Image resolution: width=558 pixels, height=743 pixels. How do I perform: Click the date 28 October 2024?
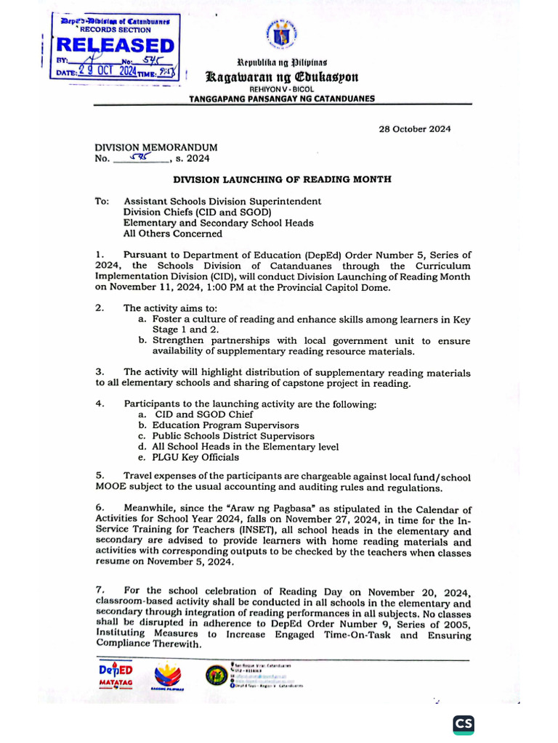point(415,129)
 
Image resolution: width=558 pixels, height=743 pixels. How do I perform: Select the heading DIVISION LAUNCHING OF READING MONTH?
point(282,178)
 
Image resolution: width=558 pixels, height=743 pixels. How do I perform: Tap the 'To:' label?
point(102,201)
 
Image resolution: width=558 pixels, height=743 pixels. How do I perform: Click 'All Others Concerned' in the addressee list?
point(172,234)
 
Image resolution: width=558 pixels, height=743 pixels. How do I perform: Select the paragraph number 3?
point(100,372)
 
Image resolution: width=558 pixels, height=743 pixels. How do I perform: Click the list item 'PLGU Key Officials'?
point(188,457)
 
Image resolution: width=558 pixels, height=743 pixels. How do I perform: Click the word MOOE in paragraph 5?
point(110,488)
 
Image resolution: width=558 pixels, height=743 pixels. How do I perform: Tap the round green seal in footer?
point(216,675)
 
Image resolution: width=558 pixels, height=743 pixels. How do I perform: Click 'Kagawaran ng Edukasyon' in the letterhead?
point(282,76)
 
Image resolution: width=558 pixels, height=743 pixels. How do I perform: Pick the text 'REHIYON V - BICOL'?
point(281,89)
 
